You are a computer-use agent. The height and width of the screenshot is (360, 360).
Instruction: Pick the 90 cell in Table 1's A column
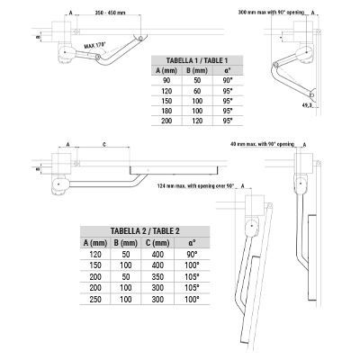tap(166, 81)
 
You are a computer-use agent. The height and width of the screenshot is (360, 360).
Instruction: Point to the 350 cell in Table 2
tap(158, 277)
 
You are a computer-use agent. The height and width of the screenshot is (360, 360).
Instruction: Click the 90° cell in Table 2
tap(190, 255)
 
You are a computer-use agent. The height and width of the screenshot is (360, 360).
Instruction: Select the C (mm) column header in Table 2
tap(158, 243)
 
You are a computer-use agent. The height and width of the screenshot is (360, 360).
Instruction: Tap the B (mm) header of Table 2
tap(125, 243)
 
